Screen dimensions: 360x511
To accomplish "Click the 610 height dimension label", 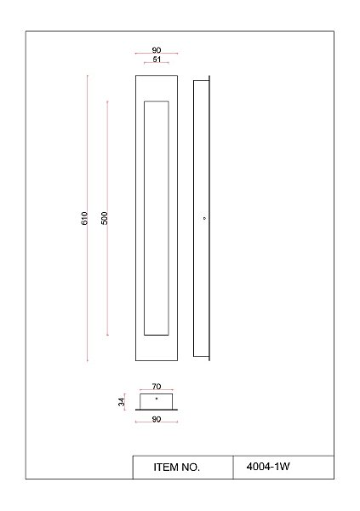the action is pyautogui.click(x=84, y=218).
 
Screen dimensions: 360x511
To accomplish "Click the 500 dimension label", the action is pyautogui.click(x=104, y=218).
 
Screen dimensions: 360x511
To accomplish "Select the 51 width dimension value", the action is pyautogui.click(x=157, y=60).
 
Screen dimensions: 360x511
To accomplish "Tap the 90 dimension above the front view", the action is pyautogui.click(x=157, y=50).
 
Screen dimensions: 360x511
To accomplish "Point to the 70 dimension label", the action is pyautogui.click(x=157, y=386).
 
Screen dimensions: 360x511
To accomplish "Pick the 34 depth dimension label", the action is pyautogui.click(x=121, y=402).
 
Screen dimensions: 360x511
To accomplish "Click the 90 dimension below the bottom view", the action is pyautogui.click(x=157, y=419).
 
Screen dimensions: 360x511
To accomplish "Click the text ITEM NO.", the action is pyautogui.click(x=176, y=468).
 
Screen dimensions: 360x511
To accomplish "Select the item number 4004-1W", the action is pyautogui.click(x=268, y=467).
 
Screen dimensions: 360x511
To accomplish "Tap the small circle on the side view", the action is pyautogui.click(x=204, y=218).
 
